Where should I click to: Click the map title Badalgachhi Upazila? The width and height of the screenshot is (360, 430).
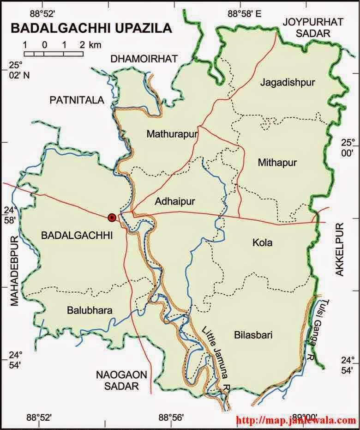point(90,29)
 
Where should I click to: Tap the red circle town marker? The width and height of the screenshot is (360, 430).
point(112,217)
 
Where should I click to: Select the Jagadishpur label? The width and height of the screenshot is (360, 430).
point(287,83)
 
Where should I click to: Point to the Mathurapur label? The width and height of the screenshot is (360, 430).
point(172,134)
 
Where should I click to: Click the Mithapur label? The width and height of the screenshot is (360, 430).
point(277,163)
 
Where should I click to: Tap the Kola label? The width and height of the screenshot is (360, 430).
point(263,242)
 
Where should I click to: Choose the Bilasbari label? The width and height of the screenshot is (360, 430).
point(253,335)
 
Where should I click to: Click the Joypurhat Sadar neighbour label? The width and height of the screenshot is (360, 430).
point(307,27)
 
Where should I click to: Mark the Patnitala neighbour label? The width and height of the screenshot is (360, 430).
point(77,100)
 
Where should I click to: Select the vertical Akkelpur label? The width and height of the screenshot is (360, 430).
point(340,250)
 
